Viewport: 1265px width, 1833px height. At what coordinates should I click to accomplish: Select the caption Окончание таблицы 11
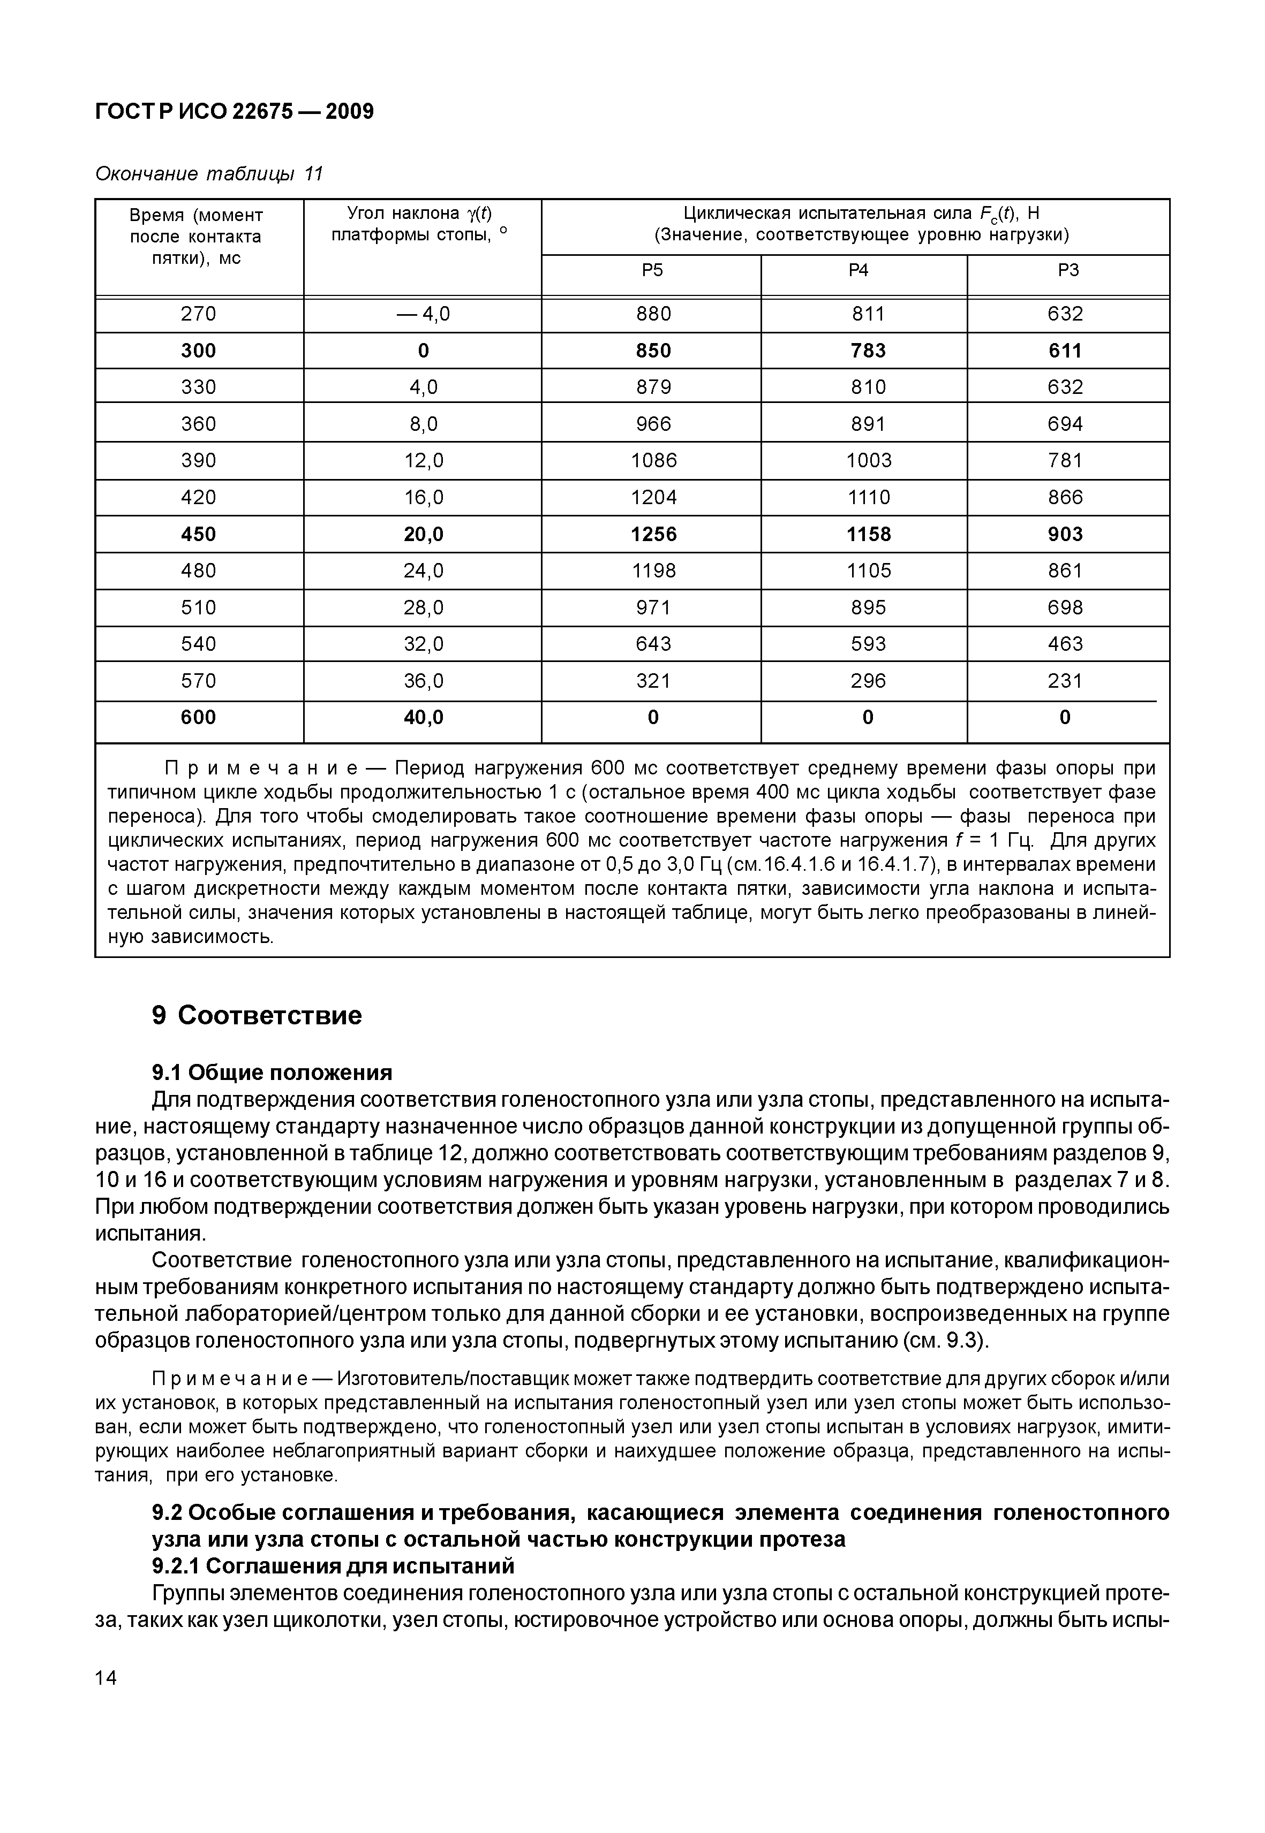(209, 174)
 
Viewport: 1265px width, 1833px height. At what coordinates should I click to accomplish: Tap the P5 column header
(652, 271)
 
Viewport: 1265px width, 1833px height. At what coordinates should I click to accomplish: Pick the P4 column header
(859, 271)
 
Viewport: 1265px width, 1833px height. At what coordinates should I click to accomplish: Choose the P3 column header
(1068, 271)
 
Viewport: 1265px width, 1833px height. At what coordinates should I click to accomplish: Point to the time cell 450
(198, 535)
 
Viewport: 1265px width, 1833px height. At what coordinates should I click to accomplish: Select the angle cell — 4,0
(423, 315)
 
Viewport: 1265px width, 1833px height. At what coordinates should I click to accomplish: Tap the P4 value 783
(868, 351)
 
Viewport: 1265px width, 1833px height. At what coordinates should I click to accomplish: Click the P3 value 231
(1065, 681)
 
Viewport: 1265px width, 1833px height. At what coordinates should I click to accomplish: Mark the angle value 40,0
(423, 718)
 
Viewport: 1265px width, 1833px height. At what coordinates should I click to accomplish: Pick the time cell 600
(198, 718)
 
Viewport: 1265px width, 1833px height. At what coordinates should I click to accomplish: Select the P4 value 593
(868, 644)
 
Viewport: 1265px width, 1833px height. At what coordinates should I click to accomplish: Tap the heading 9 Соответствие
(257, 1016)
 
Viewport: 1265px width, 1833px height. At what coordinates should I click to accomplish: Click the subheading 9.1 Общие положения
(272, 1073)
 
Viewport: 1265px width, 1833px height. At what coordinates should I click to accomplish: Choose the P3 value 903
(1065, 535)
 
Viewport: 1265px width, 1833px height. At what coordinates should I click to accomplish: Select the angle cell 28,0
(423, 607)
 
